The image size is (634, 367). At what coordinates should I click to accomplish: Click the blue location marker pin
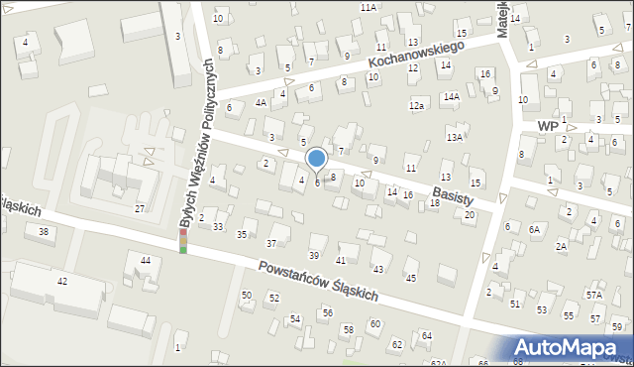click(x=317, y=159)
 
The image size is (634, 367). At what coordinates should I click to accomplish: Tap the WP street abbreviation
click(x=548, y=127)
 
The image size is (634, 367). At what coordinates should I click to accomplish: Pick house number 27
click(x=140, y=208)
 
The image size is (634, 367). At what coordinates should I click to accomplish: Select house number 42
click(x=62, y=282)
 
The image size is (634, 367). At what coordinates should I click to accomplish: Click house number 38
click(x=43, y=232)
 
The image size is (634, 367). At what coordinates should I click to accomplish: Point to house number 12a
click(x=417, y=106)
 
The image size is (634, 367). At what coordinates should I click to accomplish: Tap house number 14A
click(x=451, y=96)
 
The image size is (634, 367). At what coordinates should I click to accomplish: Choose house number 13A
click(x=455, y=137)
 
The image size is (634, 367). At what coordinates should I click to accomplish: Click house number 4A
click(x=262, y=102)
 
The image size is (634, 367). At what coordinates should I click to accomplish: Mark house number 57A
click(x=593, y=295)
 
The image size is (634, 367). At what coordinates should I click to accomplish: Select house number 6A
click(x=535, y=229)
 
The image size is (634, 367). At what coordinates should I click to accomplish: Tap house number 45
click(x=410, y=278)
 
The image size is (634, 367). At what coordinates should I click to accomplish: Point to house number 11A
click(x=369, y=7)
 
